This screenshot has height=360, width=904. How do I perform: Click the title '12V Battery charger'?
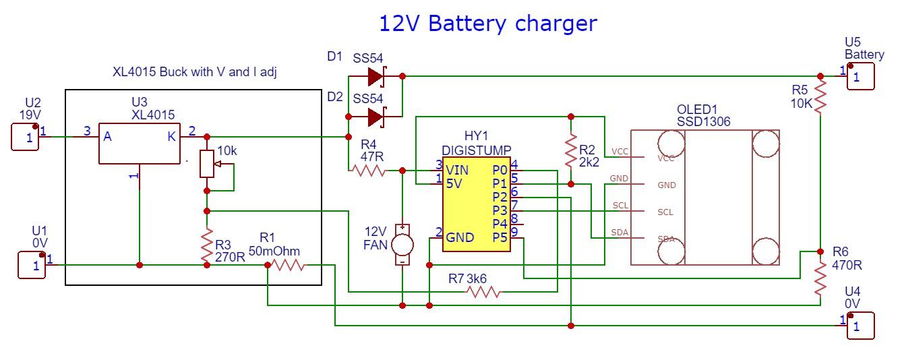point(487,23)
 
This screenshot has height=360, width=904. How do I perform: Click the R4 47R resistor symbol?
point(368,171)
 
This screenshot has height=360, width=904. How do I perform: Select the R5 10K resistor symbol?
point(820,96)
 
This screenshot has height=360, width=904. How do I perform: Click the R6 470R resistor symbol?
point(820,279)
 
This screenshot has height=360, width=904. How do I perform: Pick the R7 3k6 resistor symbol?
point(484,292)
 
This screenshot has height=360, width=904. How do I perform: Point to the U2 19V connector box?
point(28,137)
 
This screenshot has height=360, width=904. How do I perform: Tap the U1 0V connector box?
point(32,266)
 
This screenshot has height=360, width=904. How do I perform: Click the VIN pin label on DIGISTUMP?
point(457,169)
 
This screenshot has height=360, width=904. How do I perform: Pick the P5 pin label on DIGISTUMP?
point(500,237)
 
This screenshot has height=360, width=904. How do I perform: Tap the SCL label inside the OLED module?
point(665,212)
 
